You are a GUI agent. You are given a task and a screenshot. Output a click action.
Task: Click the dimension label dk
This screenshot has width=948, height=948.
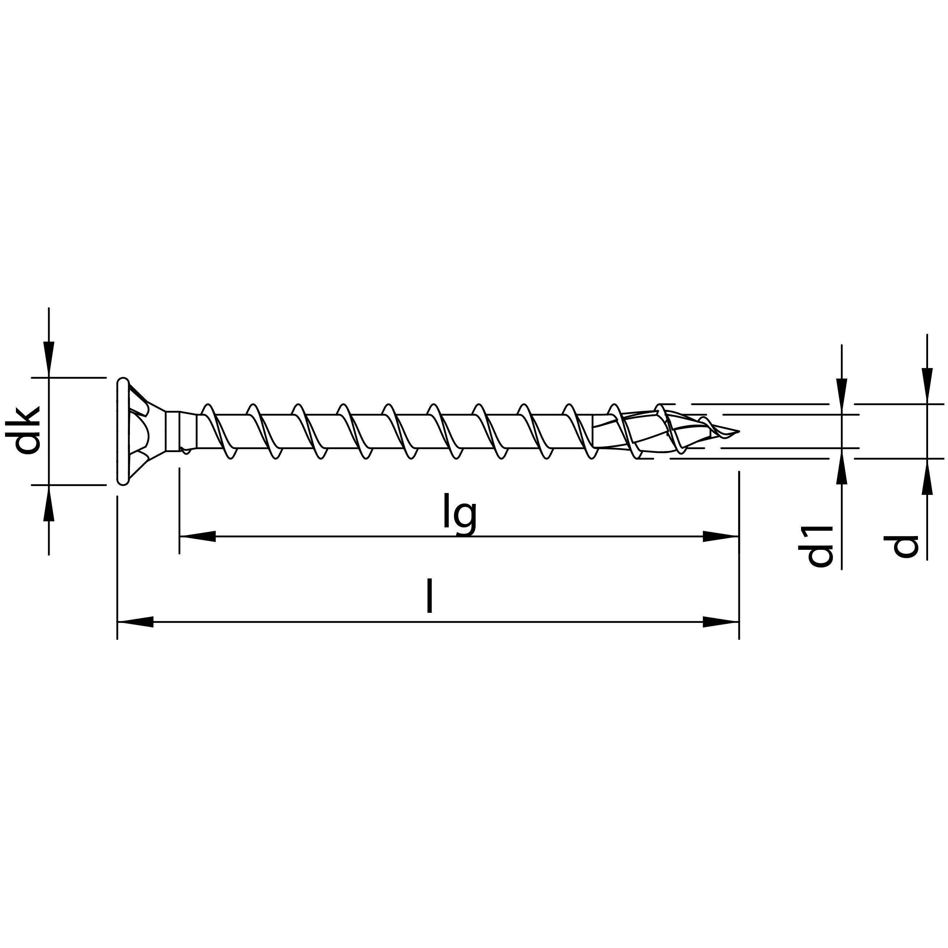click(x=27, y=430)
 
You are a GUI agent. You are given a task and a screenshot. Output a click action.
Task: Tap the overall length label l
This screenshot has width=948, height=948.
click(x=429, y=596)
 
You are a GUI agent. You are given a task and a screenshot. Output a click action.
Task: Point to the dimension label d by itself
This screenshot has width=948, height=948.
click(x=904, y=545)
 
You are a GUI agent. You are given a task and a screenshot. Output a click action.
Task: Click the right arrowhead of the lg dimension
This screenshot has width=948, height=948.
click(x=721, y=536)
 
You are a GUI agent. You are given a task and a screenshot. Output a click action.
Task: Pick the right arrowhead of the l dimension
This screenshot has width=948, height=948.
click(x=721, y=622)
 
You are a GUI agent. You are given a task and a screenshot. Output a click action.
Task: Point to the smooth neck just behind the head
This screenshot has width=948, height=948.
click(x=188, y=430)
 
